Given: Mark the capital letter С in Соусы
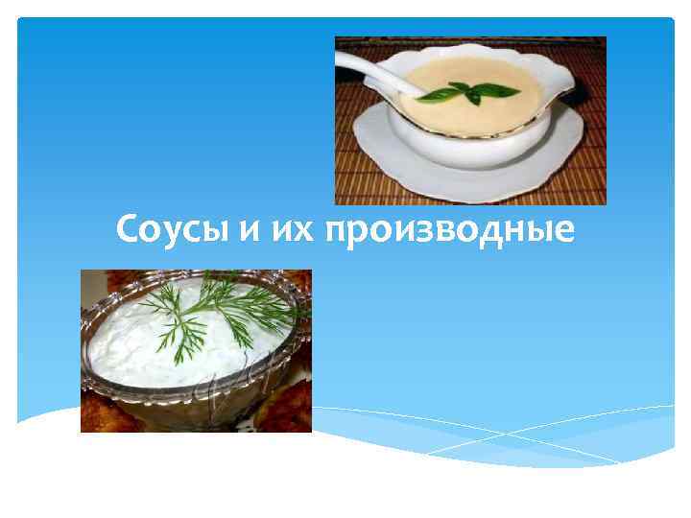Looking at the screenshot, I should click(127, 230).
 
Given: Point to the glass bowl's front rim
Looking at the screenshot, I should click(192, 384).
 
